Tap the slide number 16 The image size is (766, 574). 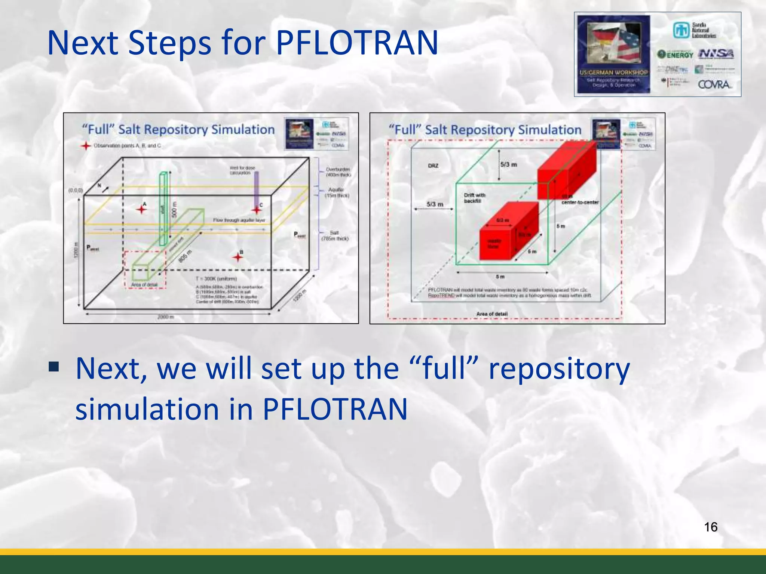pyautogui.click(x=710, y=527)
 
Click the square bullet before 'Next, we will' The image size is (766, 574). pyautogui.click(x=54, y=367)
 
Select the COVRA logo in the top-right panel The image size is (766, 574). pyautogui.click(x=714, y=84)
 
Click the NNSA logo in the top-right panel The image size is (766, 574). pyautogui.click(x=716, y=54)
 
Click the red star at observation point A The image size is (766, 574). pyautogui.click(x=141, y=209)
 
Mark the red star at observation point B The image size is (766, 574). pyautogui.click(x=238, y=257)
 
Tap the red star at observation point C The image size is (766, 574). pyautogui.click(x=257, y=210)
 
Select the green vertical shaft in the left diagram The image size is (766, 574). pyautogui.click(x=163, y=209)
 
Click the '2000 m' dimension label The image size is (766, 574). pyautogui.click(x=165, y=317)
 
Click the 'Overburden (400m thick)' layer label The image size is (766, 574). pyautogui.click(x=338, y=172)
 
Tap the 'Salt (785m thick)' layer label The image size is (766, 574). pyautogui.click(x=335, y=235)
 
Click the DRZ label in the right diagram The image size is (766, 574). pyautogui.click(x=433, y=166)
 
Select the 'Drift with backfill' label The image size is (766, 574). pyautogui.click(x=474, y=198)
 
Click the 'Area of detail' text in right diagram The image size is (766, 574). pyautogui.click(x=492, y=314)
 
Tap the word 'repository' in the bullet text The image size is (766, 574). pyautogui.click(x=559, y=369)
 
